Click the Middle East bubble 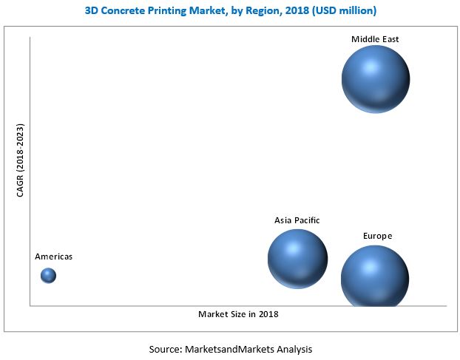(x=376, y=79)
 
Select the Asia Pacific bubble (x=297, y=259)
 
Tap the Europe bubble (x=375, y=276)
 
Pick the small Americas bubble (x=48, y=276)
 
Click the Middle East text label (x=375, y=39)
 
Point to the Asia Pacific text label (x=297, y=220)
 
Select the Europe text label (x=378, y=236)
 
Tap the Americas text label (x=54, y=257)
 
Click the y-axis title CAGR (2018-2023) (x=20, y=160)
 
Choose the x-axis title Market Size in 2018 (x=238, y=314)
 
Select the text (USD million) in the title (x=344, y=11)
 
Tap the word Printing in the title (x=167, y=11)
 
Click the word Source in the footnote (x=165, y=350)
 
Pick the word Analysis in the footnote (x=294, y=350)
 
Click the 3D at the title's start (x=92, y=11)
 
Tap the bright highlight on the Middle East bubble (x=371, y=67)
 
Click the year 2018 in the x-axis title (x=268, y=314)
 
